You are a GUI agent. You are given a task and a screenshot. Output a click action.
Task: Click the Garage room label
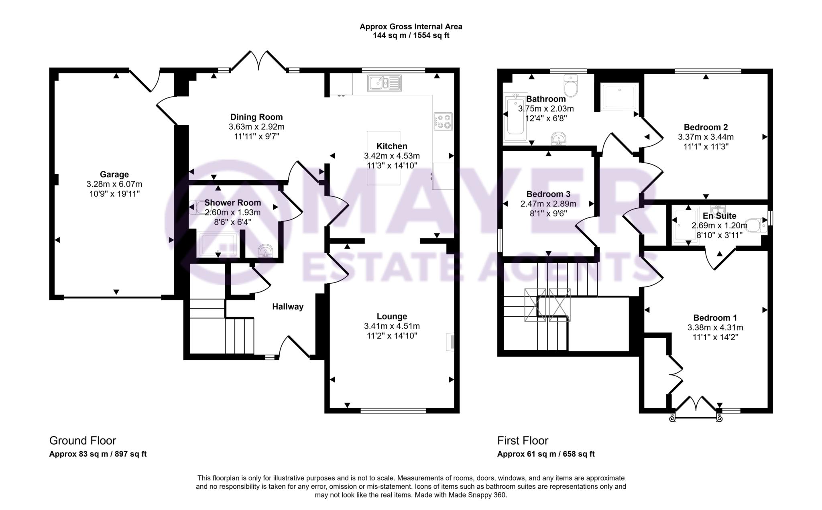pyautogui.click(x=114, y=175)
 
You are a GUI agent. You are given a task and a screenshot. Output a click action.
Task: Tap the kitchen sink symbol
pyautogui.click(x=384, y=83)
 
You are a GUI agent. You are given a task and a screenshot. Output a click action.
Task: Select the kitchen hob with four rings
pyautogui.click(x=443, y=122)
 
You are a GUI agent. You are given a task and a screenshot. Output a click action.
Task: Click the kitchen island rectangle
pyautogui.click(x=383, y=158)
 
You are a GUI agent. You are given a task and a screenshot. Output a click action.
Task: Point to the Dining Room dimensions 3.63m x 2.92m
pyautogui.click(x=256, y=127)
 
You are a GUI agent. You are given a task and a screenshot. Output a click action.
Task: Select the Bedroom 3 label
pyautogui.click(x=548, y=194)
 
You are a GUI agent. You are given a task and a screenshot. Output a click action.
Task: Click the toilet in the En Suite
pyautogui.click(x=756, y=226)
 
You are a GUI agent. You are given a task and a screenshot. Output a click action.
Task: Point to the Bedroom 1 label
pyautogui.click(x=715, y=318)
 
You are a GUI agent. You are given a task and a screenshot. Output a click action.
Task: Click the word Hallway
pyautogui.click(x=288, y=307)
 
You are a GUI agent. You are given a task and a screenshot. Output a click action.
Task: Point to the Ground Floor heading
pyautogui.click(x=83, y=441)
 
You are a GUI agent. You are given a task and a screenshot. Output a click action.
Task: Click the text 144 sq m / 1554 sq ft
pyautogui.click(x=411, y=36)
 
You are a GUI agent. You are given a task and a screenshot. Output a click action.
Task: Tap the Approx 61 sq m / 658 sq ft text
pyautogui.click(x=545, y=454)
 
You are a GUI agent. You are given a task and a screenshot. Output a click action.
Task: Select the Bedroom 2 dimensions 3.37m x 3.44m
pyautogui.click(x=706, y=137)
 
